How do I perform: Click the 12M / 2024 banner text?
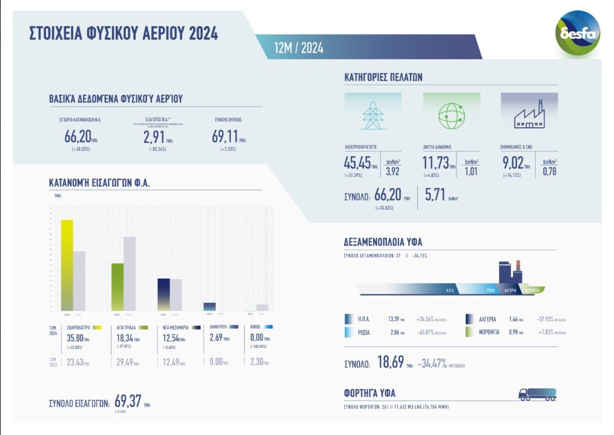pyautogui.click(x=299, y=48)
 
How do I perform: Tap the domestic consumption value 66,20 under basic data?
pyautogui.click(x=77, y=136)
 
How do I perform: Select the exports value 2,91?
pyautogui.click(x=154, y=136)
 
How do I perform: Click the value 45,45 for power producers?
pyautogui.click(x=357, y=162)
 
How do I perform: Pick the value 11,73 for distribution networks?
pyautogui.click(x=435, y=162)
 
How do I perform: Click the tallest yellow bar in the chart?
pyautogui.click(x=67, y=265)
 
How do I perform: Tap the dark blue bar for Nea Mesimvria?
pyautogui.click(x=163, y=294)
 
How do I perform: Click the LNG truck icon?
pyautogui.click(x=537, y=394)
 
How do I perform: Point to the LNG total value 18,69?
pyautogui.click(x=390, y=364)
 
